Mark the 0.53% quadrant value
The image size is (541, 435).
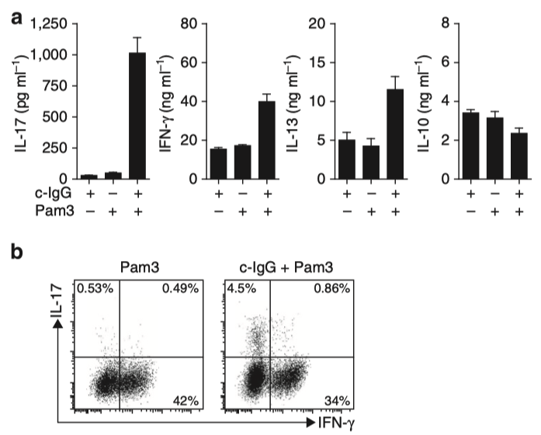[94, 291]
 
